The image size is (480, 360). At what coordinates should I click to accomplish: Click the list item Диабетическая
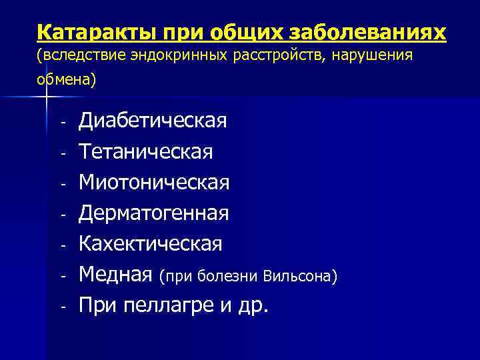point(153,121)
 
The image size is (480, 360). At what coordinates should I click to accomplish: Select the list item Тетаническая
point(146,152)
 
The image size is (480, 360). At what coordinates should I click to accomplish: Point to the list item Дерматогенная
point(154,213)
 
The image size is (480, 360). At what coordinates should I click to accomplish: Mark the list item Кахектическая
point(151,244)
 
